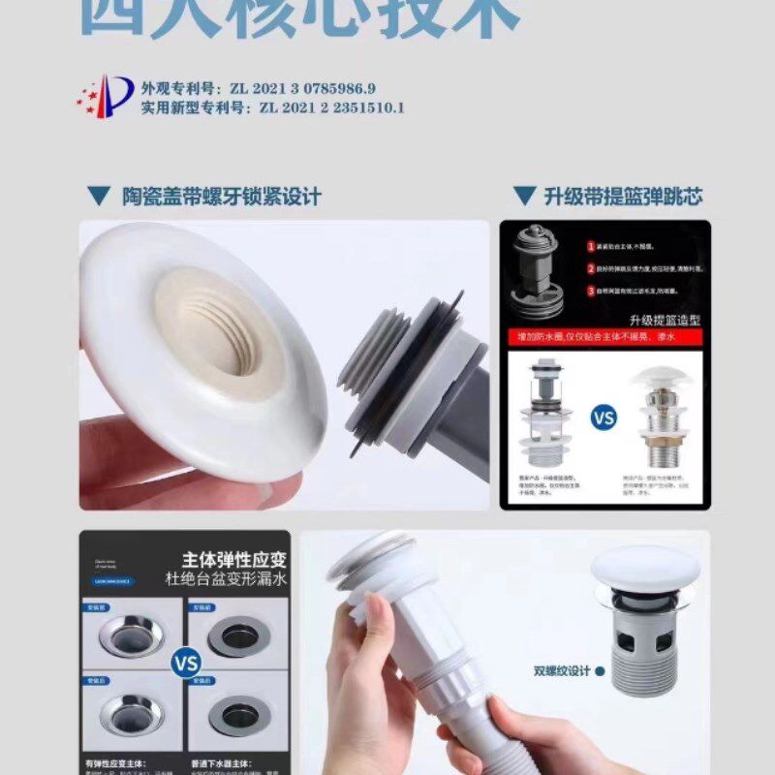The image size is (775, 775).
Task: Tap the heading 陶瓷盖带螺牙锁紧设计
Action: [222, 197]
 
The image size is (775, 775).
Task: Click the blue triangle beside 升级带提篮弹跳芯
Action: [524, 197]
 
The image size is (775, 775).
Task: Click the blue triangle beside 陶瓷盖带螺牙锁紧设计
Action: [99, 197]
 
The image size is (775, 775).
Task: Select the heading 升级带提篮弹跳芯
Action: [622, 197]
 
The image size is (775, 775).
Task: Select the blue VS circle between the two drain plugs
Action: [604, 418]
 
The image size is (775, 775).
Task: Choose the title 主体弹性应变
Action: [233, 559]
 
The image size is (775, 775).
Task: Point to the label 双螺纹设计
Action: [560, 669]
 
